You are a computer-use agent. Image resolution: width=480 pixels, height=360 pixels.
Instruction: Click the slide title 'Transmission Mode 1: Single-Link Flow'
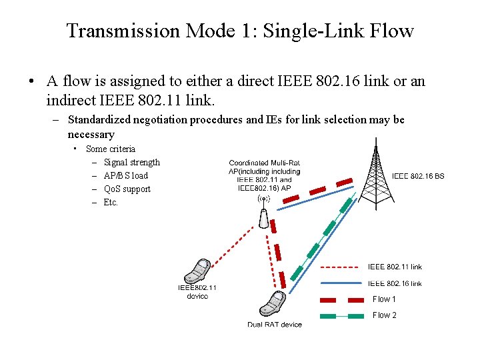[x=240, y=31]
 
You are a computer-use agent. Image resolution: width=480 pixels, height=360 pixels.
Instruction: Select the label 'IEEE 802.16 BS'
[x=418, y=177]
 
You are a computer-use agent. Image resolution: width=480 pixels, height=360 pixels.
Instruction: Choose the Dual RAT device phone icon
[x=273, y=305]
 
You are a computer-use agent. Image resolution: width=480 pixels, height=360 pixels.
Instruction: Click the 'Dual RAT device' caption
[x=275, y=325]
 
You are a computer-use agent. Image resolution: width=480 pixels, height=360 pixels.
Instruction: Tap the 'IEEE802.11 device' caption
[x=197, y=291]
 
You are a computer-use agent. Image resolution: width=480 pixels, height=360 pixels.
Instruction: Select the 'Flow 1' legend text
[x=384, y=299]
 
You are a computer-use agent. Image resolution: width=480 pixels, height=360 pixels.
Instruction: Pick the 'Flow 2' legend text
[x=384, y=315]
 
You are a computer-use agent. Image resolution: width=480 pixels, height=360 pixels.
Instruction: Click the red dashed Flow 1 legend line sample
[x=342, y=299]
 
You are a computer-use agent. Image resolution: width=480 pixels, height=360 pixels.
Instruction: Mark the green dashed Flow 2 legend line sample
[x=342, y=315]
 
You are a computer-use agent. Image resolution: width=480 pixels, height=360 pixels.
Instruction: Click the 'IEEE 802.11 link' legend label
[x=395, y=267]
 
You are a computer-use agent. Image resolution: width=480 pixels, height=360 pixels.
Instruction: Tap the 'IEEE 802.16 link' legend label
[x=395, y=283]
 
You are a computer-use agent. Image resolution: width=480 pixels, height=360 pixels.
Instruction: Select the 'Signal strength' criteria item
[x=132, y=162]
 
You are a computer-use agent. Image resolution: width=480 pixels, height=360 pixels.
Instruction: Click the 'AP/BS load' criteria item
[x=126, y=175]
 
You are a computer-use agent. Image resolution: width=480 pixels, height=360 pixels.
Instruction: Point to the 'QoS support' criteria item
[x=127, y=189]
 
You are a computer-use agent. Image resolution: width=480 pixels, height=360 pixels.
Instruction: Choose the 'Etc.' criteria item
[x=111, y=202]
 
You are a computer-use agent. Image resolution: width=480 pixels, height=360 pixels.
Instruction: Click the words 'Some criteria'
[x=111, y=149]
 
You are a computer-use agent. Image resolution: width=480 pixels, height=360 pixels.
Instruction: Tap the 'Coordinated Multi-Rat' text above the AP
[x=264, y=163]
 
